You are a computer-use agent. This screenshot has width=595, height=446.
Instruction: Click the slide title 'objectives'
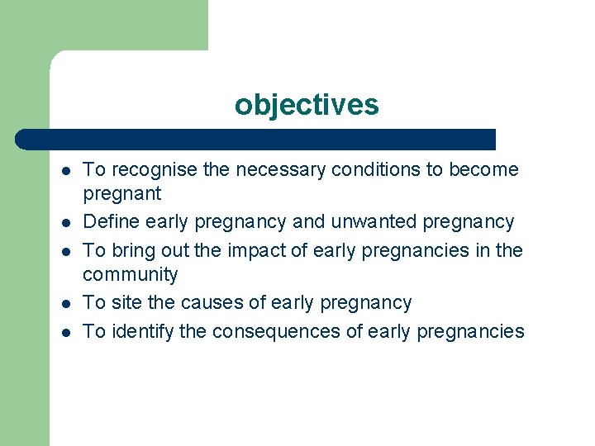tap(307, 105)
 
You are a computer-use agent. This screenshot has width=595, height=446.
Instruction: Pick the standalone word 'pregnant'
tap(121, 195)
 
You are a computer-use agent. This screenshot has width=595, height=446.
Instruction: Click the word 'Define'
tap(109, 222)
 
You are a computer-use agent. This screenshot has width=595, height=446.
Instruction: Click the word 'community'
tap(130, 274)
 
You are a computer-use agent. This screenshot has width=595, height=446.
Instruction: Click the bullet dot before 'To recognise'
tap(64, 171)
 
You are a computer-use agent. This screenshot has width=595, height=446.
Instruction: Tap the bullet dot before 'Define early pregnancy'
tap(64, 223)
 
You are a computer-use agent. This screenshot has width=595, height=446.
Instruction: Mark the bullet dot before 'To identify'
tap(64, 332)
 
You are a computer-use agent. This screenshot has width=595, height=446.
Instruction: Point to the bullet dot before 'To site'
tap(64, 304)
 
